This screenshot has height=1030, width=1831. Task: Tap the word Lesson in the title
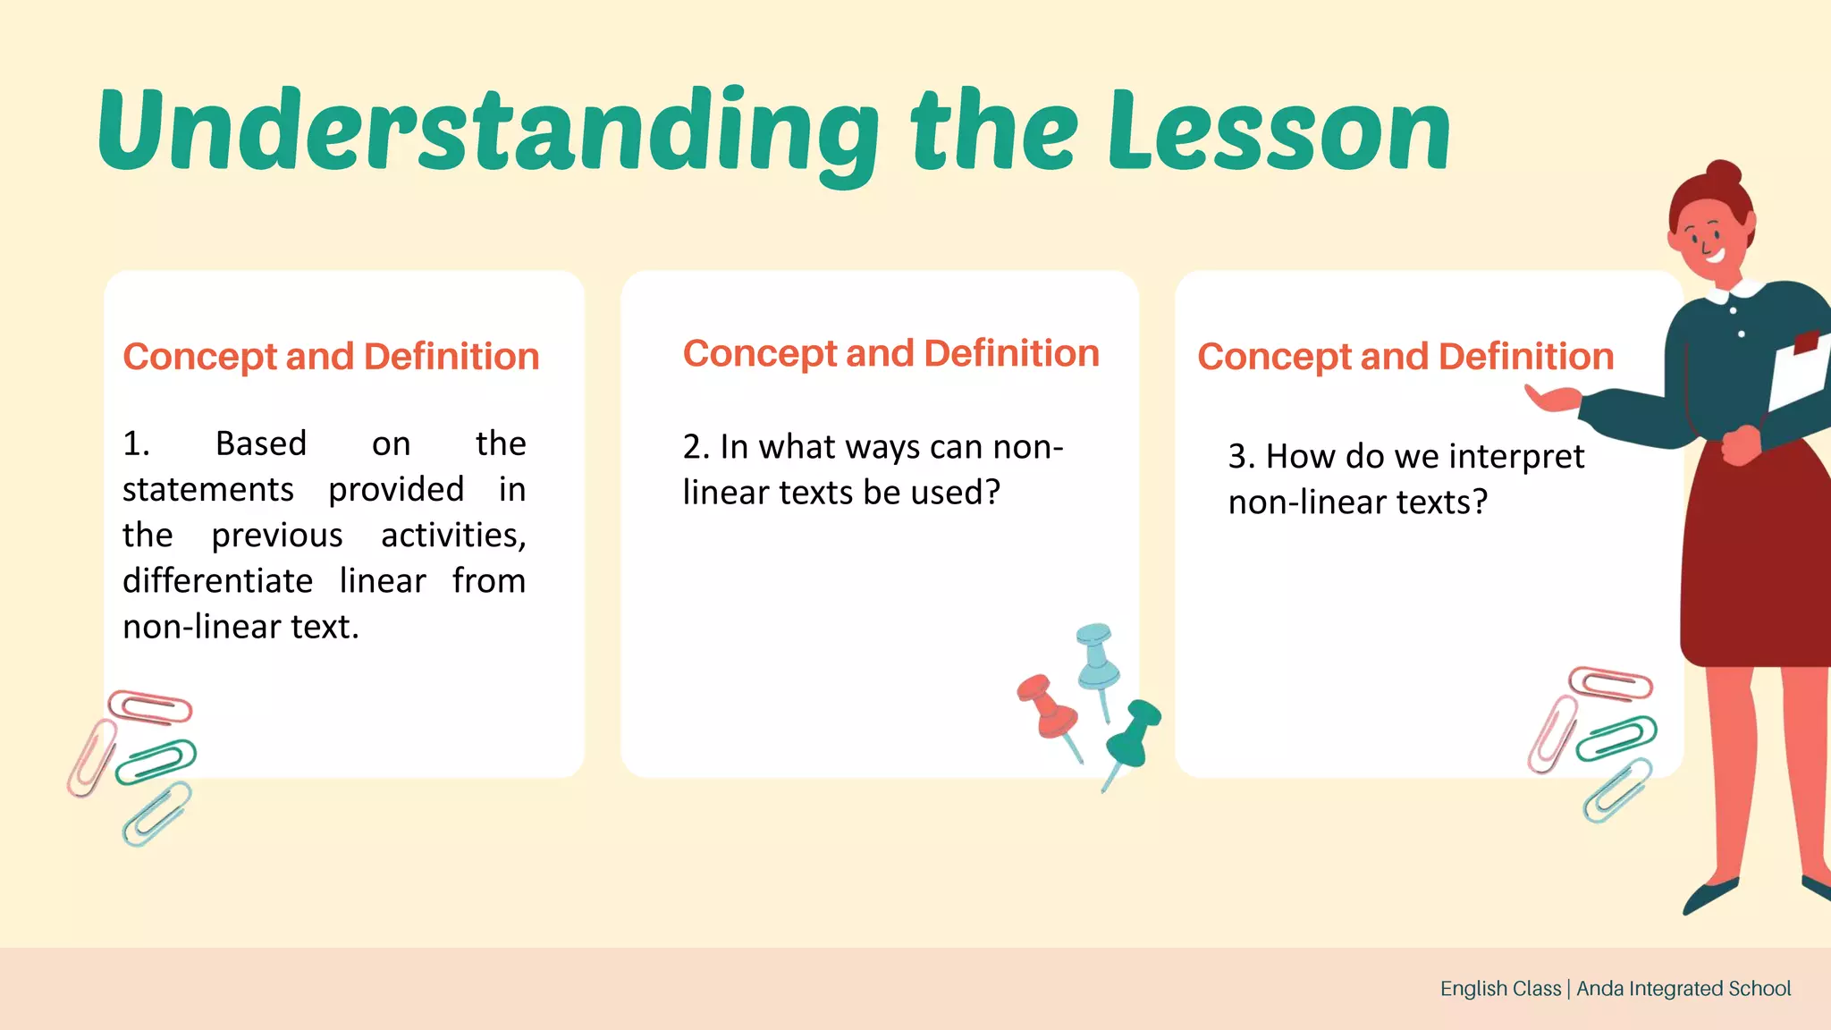1278,132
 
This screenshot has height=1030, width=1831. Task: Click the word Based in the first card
261,443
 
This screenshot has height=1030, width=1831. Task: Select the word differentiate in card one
217,581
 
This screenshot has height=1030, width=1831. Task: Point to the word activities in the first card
452,536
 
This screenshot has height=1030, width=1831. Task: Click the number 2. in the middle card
696,447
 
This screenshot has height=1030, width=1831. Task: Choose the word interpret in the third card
1516,457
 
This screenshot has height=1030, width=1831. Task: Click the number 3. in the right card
1241,457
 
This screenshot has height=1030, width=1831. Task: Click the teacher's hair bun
1723,173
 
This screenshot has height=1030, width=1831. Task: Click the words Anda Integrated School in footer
1683,989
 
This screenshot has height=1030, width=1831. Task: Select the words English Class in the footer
1500,989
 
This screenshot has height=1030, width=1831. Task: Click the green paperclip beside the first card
156,761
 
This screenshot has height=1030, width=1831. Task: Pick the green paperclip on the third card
1616,738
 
